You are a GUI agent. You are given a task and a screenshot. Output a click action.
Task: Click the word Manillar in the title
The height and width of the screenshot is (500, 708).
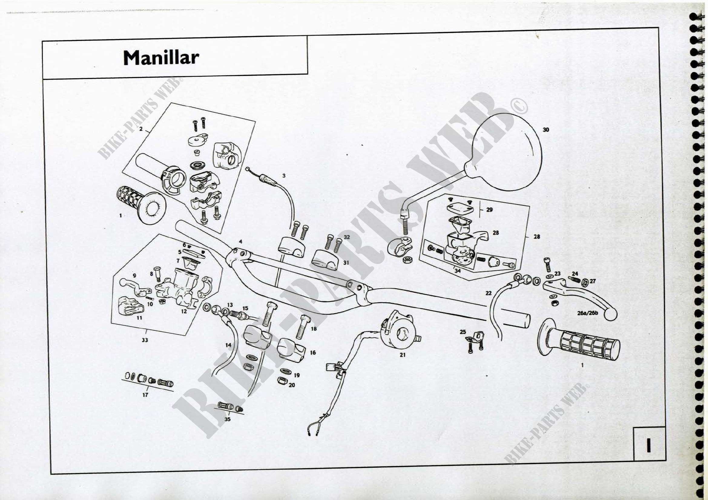point(161,57)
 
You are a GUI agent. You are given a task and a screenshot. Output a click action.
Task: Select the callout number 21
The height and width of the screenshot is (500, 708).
point(402,355)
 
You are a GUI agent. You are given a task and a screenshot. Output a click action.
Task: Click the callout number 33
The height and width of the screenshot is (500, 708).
point(145,340)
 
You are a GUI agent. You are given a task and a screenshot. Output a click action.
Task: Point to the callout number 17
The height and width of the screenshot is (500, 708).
point(145,395)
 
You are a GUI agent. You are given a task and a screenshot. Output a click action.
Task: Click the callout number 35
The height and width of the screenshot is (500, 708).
point(227,419)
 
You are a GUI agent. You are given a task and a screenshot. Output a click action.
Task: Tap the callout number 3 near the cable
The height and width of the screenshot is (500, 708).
point(284,176)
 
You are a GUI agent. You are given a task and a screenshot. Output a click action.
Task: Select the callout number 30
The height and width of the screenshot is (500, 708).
point(546,130)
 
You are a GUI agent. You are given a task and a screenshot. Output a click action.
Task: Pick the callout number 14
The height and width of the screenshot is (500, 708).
point(228,345)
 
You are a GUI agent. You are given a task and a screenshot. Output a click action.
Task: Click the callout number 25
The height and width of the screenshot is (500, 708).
point(463,332)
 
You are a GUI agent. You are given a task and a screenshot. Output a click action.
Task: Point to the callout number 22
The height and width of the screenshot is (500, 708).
point(488,293)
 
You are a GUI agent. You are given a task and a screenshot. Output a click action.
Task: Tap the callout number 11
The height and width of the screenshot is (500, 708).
point(139,318)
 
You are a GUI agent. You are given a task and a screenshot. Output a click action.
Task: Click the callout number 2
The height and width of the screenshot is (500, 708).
point(141,129)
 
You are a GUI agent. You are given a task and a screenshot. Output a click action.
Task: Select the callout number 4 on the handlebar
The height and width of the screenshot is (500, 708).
point(241,241)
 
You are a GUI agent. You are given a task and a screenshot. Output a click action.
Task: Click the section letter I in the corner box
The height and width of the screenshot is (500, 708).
point(648,446)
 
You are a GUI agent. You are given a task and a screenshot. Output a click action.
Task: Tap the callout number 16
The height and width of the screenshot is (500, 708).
point(313,352)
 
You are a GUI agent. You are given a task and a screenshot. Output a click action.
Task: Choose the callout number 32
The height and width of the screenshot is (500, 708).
point(347,237)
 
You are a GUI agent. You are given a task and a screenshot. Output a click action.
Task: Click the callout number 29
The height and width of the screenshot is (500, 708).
point(489,210)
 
